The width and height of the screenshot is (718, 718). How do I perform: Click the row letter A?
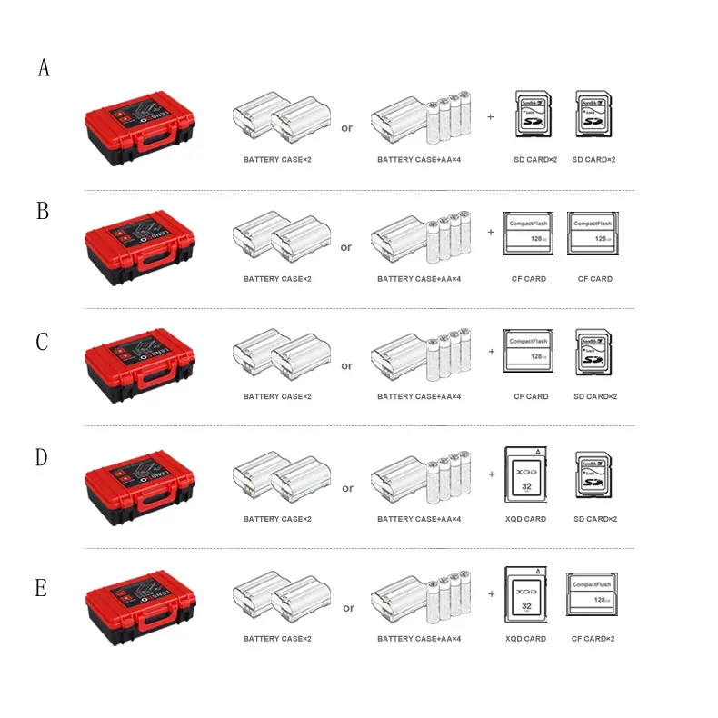pos(44,68)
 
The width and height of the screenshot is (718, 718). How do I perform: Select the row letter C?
pos(42,342)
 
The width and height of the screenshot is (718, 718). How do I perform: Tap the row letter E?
pos(41,588)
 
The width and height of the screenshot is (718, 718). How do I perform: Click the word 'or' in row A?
pos(346,128)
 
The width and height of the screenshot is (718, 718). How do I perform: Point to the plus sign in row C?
pos(491,351)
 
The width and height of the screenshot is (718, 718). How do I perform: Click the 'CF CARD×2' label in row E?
pos(593,639)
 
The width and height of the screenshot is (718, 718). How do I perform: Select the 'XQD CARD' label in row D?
pos(525,519)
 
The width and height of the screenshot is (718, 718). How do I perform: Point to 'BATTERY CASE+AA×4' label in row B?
pos(419,279)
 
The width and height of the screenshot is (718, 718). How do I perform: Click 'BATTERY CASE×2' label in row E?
pos(277,639)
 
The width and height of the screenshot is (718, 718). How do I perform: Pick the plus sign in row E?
pos(491,593)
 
